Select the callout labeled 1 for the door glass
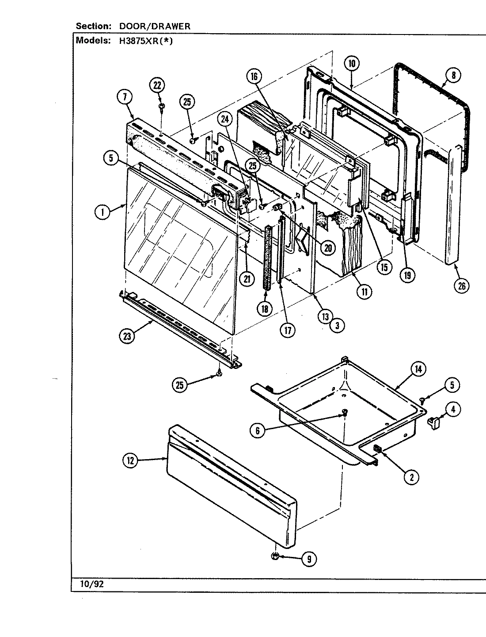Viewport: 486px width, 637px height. point(103,212)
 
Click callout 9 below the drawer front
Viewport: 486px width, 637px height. point(309,560)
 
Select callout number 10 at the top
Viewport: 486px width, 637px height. point(351,63)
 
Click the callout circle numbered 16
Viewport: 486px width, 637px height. point(254,77)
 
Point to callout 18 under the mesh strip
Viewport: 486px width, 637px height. point(265,308)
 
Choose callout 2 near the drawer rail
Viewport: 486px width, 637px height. point(411,476)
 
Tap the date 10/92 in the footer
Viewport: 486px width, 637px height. point(92,583)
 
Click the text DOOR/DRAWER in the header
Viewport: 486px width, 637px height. point(155,26)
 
